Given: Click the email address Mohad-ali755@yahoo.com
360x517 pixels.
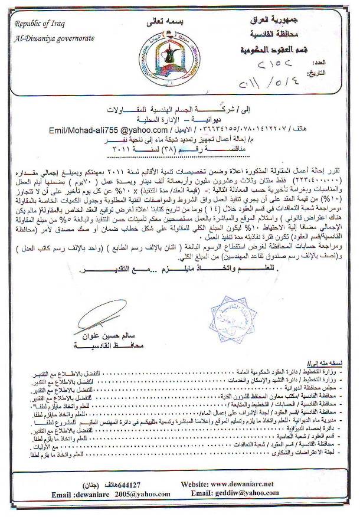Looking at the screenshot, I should (101, 125).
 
